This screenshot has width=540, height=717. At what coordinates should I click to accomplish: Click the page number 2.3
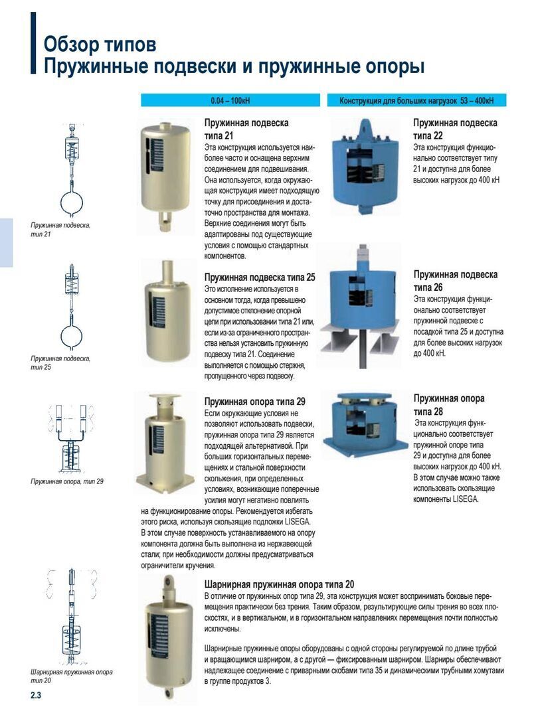coord(36,695)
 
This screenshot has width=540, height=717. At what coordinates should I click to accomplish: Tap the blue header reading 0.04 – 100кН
coord(230,101)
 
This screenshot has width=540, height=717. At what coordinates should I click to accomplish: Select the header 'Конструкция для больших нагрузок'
coord(416,101)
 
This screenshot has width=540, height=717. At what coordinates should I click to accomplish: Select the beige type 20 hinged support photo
coord(165,637)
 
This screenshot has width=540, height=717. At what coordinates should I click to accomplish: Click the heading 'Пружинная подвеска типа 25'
coord(260,277)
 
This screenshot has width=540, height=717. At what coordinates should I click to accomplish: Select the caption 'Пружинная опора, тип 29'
coord(67,481)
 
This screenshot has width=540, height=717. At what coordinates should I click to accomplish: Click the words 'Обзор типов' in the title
coord(100,45)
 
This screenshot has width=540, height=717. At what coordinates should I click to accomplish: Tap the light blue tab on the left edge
coord(6,242)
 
